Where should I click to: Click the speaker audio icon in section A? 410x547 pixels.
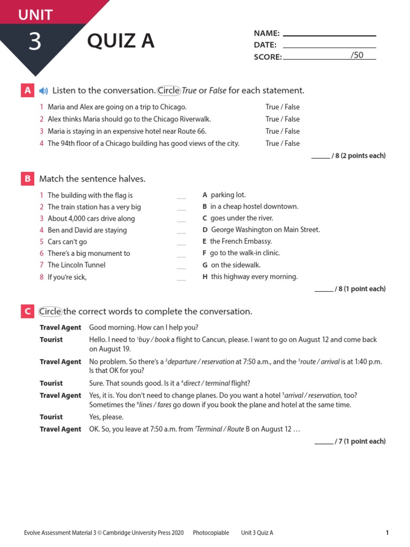pos(43,90)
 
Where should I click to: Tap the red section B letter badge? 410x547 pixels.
pos(27,178)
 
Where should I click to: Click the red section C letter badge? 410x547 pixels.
pos(27,311)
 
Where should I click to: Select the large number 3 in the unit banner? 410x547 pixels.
pos(35,42)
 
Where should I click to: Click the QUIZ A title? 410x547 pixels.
pos(121,41)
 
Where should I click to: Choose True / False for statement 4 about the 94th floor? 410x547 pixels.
pos(282,143)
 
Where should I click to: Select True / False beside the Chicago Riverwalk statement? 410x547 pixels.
pos(282,119)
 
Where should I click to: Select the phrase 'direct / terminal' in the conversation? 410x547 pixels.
pos(207,383)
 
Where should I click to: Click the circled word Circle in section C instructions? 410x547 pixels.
pos(50,311)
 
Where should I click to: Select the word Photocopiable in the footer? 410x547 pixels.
pos(211,533)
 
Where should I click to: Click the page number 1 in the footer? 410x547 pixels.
pos(387,533)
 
